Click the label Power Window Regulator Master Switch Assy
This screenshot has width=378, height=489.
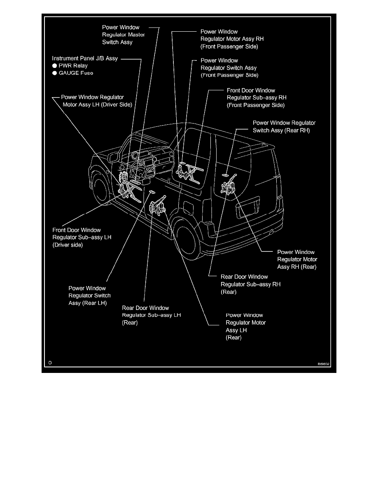(x=123, y=35)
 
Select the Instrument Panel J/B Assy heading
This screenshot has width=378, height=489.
(x=84, y=58)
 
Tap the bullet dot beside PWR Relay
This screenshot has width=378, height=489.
(x=54, y=66)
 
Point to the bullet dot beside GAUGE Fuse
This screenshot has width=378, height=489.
(x=54, y=73)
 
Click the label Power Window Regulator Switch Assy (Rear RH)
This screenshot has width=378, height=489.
(x=284, y=126)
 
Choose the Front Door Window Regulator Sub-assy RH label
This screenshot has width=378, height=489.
(x=256, y=98)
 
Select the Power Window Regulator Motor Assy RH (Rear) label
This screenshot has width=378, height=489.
(x=296, y=259)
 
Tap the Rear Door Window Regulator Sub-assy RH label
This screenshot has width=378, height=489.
(x=250, y=284)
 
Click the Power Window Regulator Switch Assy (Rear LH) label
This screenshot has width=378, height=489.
(x=89, y=296)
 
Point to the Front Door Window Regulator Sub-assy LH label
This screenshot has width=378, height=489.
(x=82, y=238)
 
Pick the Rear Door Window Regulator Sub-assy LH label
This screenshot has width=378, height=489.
(x=151, y=315)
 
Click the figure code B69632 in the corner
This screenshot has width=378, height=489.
(x=324, y=364)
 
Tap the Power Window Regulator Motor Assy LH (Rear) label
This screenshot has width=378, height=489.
(x=245, y=326)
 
